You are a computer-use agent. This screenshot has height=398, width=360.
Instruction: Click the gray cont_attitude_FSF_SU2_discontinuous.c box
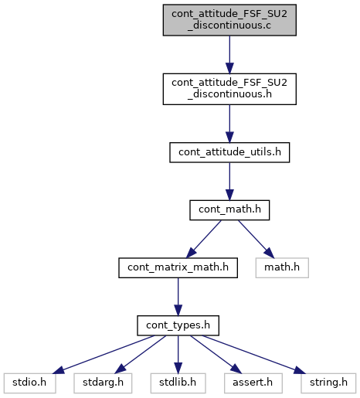tap(229, 20)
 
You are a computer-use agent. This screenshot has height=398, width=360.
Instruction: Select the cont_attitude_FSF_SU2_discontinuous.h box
tap(229, 89)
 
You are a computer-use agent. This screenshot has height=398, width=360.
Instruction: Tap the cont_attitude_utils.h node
tap(229, 152)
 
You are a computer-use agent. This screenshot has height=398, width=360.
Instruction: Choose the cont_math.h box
tap(229, 210)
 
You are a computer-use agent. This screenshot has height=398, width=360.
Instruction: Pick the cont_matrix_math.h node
tap(178, 267)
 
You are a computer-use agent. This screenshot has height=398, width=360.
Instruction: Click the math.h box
tap(282, 267)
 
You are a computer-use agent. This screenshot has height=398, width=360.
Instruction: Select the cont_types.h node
tap(178, 325)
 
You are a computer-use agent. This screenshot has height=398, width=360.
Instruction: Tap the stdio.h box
tap(29, 383)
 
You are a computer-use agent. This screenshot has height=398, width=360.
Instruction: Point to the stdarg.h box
tap(103, 383)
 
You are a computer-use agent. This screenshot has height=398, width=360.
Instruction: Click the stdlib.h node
tap(178, 383)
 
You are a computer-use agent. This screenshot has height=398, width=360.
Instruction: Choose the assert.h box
tap(253, 383)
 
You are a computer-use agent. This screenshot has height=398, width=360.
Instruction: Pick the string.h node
tap(328, 383)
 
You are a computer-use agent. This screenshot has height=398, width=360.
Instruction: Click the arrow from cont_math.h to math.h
tap(256, 239)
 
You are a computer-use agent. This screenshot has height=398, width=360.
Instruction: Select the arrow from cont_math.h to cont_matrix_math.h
tap(203, 239)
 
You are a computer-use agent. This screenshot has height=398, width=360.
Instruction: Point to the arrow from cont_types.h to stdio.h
tap(104, 355)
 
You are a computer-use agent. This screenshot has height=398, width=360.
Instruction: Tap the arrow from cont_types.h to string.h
tap(254, 355)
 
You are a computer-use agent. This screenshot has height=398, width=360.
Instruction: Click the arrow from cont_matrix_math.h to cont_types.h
tap(178, 297)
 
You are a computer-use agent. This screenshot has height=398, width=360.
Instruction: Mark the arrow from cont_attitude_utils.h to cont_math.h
tap(229, 182)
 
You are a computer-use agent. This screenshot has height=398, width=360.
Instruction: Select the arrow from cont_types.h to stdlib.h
tap(178, 355)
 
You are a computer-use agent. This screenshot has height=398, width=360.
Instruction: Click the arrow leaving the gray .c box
tap(229, 55)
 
